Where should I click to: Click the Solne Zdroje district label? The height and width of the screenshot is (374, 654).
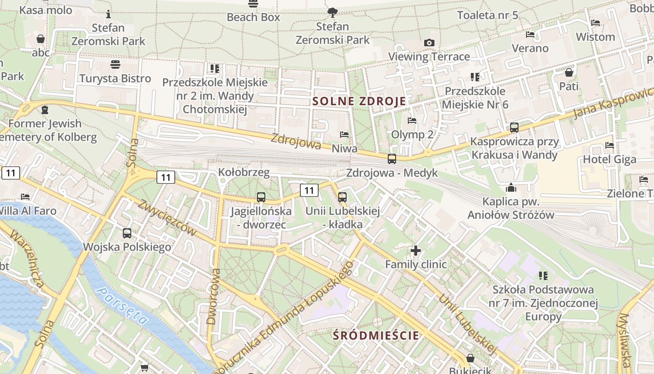click(x=359, y=101)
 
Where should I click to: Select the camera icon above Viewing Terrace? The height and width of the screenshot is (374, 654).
click(x=429, y=43)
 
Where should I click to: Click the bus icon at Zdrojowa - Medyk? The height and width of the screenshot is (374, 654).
click(x=392, y=158)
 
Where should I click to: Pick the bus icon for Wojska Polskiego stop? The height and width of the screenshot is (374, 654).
click(x=127, y=233)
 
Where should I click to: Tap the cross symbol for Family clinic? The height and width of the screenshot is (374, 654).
click(x=415, y=251)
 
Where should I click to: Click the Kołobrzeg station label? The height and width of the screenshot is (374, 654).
click(x=244, y=173)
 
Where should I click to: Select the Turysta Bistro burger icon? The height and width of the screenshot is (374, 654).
click(x=115, y=64)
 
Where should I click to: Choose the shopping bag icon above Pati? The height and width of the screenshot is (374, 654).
click(x=569, y=72)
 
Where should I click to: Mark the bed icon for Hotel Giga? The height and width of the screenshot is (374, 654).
click(x=609, y=145)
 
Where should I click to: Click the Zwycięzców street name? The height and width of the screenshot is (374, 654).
click(x=167, y=217)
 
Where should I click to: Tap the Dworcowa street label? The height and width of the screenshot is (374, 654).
click(x=214, y=296)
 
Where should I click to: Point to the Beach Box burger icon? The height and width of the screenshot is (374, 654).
click(x=253, y=4)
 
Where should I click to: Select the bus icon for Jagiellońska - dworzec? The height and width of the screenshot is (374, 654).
click(x=261, y=197)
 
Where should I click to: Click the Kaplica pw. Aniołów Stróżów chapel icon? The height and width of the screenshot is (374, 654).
click(x=511, y=187)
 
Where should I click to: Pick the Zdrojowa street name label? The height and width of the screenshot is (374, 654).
click(x=296, y=142)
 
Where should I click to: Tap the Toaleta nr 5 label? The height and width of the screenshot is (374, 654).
click(x=487, y=15)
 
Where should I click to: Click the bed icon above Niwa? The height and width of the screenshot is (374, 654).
click(x=344, y=135)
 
